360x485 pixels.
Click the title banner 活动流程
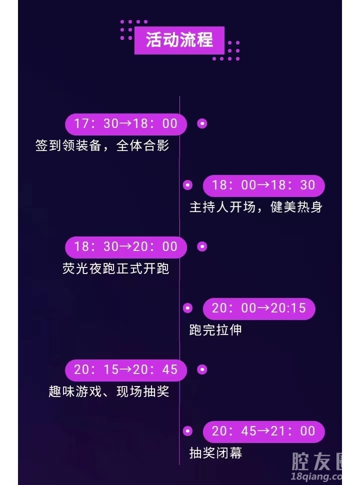(179, 40)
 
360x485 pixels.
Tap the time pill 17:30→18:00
(126, 123)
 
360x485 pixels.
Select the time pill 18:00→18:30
(263, 185)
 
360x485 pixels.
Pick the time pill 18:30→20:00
(126, 247)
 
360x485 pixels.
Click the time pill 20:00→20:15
(258, 308)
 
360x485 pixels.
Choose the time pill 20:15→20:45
(126, 370)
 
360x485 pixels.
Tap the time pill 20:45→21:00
(263, 431)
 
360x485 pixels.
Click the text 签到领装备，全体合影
(102, 145)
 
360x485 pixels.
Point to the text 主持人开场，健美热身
(256, 207)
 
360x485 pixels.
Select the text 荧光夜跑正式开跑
(115, 269)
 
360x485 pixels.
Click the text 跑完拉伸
(215, 330)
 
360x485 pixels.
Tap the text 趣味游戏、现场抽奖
(109, 391)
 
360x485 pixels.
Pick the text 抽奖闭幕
(215, 453)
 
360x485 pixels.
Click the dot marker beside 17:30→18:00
(202, 123)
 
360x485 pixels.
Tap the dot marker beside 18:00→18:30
(187, 185)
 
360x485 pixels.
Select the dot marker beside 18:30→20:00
(202, 246)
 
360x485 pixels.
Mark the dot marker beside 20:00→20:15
(187, 308)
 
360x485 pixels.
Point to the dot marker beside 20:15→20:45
(202, 370)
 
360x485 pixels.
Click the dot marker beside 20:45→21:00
(187, 431)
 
